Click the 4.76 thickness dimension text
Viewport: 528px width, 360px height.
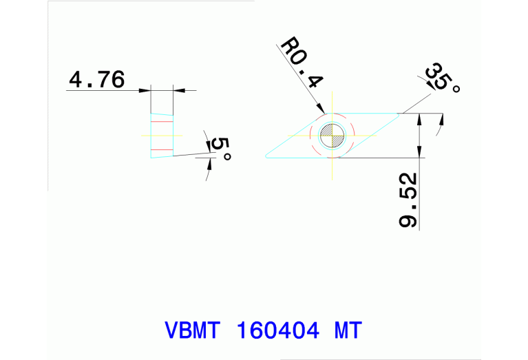(x=96, y=80)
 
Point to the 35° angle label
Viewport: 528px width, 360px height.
(x=441, y=78)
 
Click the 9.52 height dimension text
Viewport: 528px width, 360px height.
(x=408, y=202)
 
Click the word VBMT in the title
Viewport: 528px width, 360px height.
(x=192, y=330)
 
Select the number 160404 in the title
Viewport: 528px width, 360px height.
(x=277, y=330)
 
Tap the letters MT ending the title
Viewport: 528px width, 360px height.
(x=348, y=330)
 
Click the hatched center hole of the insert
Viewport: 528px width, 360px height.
(x=332, y=135)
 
